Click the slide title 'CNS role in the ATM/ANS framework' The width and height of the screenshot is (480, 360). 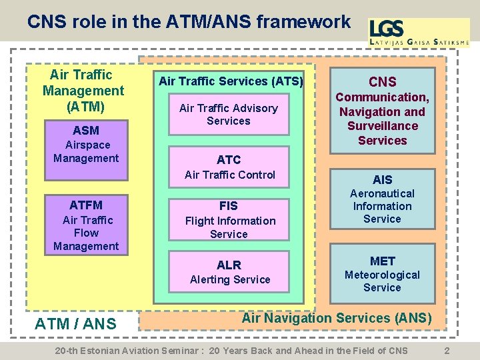189,22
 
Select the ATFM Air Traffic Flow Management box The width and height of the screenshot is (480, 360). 85,225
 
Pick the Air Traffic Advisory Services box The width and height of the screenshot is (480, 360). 229,114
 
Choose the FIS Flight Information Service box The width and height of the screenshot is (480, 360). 229,219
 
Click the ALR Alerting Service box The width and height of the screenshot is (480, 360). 229,271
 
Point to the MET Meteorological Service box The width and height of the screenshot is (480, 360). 382,273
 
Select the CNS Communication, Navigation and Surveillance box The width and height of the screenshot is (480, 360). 382,110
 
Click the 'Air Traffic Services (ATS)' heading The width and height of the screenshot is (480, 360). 230,81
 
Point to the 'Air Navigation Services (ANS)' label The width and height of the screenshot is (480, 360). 337,319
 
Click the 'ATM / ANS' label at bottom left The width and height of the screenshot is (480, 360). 75,325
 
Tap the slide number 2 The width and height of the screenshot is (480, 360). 447,351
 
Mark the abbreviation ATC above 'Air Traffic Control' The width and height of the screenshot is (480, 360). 229,160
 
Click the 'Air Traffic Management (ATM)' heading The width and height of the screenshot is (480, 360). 83,90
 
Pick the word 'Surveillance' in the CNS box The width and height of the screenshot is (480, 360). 382,126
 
